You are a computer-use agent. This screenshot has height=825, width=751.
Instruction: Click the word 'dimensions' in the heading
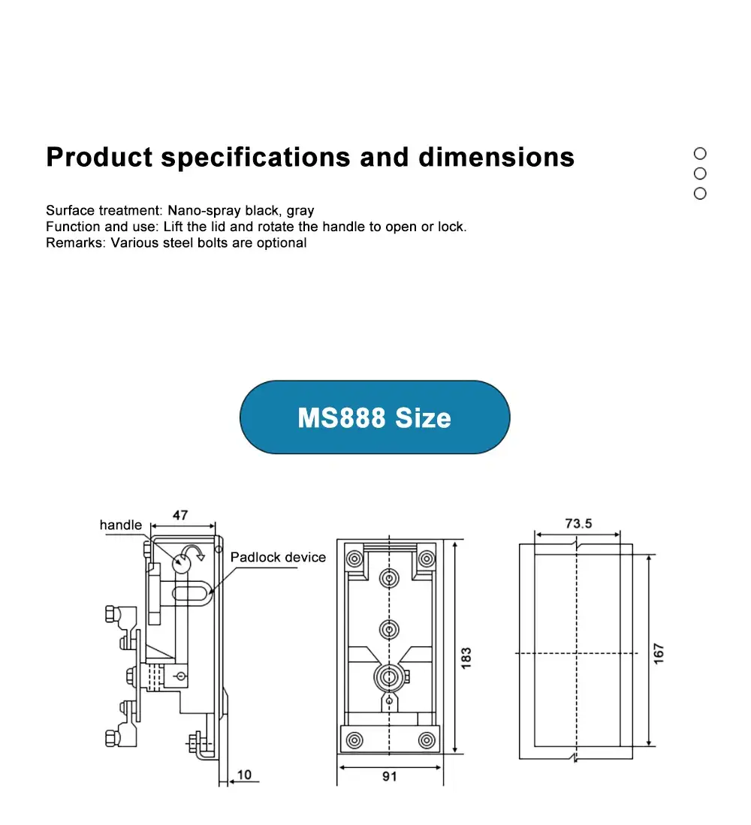pos(496,158)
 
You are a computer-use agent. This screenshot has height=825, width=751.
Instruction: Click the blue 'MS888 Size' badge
pos(375,417)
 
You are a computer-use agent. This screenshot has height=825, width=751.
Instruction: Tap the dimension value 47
pos(180,516)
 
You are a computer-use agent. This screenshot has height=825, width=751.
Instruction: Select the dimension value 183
pos(466,658)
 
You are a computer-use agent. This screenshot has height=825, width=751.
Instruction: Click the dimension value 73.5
pos(578,524)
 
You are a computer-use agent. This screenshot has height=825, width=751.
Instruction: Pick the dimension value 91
pos(389,777)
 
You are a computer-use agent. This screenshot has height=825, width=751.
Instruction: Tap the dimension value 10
pos(245,774)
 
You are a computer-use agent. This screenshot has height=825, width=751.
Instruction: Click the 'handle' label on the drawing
pos(120,525)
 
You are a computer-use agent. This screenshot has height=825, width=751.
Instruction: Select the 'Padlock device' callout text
pos(278,558)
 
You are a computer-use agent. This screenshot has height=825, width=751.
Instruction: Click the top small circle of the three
pos(700,153)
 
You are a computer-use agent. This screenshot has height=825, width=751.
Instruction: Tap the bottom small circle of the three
pos(700,194)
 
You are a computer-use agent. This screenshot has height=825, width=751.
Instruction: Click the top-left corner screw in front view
pos(353,559)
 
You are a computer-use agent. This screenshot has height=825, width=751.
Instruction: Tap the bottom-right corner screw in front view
pos(427,740)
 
